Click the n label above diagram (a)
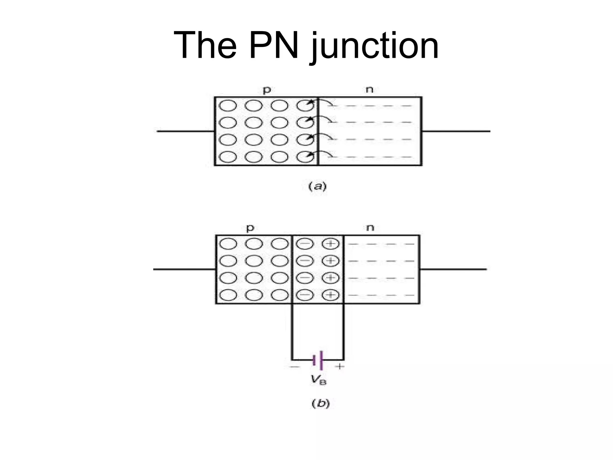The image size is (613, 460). click(x=370, y=89)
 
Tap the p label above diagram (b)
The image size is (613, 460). click(x=250, y=228)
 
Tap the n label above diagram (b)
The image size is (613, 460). click(x=370, y=228)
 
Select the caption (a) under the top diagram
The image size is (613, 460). click(x=318, y=187)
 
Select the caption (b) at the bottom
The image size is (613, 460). click(x=321, y=404)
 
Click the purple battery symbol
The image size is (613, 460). click(x=318, y=360)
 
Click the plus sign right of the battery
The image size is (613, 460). click(x=340, y=366)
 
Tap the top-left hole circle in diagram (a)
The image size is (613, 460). click(x=228, y=105)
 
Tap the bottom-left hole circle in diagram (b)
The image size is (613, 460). click(x=228, y=296)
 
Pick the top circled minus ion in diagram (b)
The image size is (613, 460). click(x=305, y=244)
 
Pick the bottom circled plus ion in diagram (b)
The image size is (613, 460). click(x=331, y=296)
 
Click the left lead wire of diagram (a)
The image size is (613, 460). click(x=186, y=131)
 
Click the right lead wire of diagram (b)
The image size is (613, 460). click(x=453, y=270)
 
